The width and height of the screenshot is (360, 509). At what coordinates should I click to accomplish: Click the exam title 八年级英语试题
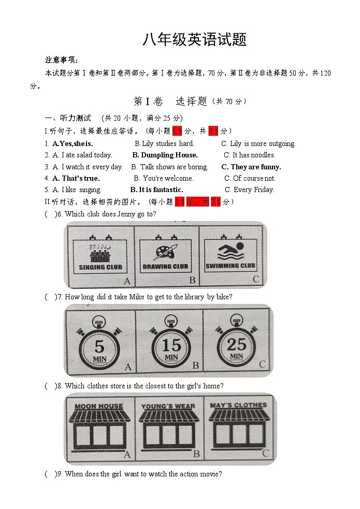(x=194, y=40)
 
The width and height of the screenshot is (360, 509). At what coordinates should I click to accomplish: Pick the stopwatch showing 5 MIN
(x=99, y=346)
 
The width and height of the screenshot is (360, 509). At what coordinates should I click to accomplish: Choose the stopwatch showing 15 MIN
(x=171, y=345)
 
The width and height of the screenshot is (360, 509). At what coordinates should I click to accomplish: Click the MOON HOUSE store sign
(x=99, y=406)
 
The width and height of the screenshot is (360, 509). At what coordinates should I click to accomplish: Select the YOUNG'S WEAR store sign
(x=168, y=406)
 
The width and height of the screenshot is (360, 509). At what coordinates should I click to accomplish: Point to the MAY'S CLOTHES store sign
(x=238, y=405)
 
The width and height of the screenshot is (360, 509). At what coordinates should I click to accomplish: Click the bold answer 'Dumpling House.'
(x=165, y=155)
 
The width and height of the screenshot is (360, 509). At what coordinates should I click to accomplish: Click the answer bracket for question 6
(x=50, y=214)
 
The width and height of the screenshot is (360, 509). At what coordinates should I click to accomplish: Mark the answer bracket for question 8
(x=50, y=386)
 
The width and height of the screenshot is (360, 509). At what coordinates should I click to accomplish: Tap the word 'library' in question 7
(x=194, y=297)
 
